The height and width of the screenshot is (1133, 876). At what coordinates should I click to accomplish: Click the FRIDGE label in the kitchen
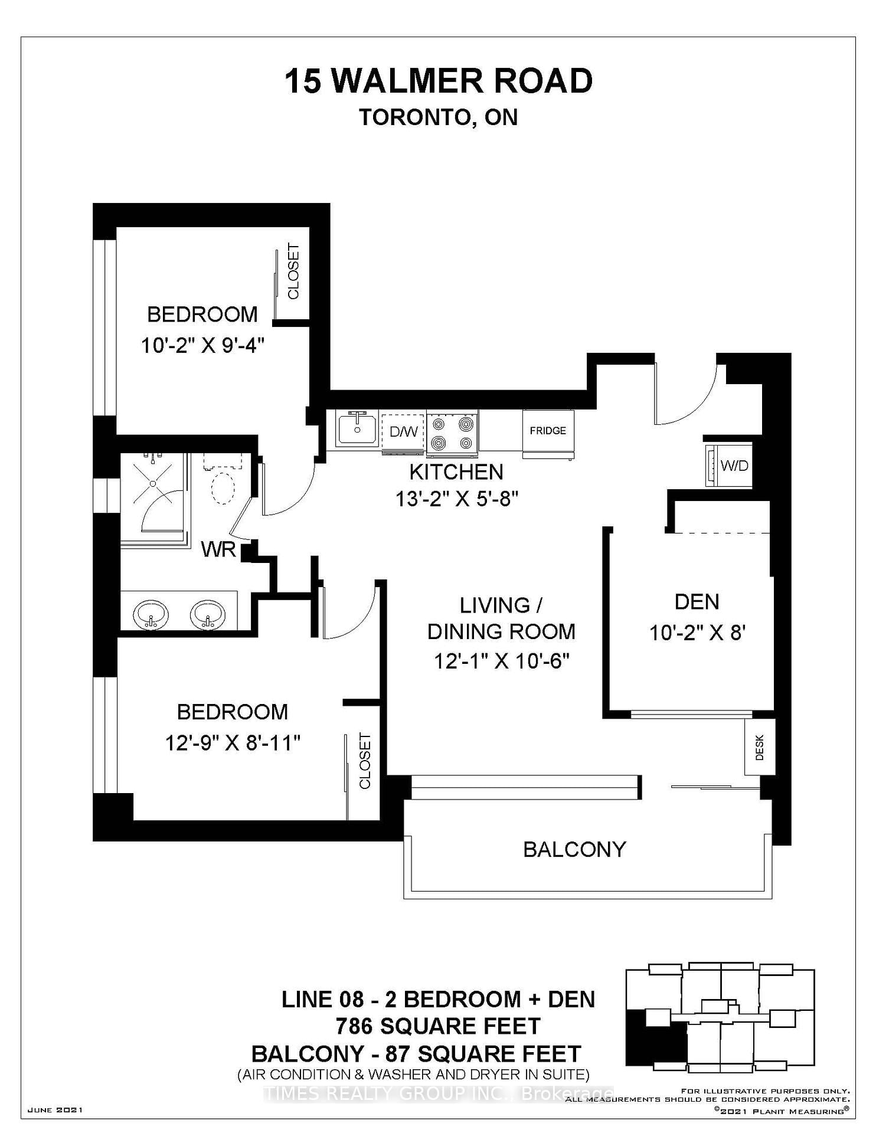click(548, 431)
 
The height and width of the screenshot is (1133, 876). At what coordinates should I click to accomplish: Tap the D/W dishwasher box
click(403, 432)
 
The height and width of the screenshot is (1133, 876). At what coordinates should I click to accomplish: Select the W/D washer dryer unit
click(729, 465)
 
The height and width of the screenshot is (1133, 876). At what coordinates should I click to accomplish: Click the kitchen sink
click(358, 428)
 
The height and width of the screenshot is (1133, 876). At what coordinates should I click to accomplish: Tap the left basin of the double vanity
click(151, 615)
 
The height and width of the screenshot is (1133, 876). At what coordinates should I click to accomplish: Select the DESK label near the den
click(760, 747)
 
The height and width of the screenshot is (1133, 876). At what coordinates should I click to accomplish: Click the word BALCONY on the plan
click(574, 849)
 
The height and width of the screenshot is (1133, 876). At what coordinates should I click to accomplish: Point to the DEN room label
click(697, 602)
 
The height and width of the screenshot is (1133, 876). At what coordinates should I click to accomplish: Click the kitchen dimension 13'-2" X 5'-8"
click(457, 499)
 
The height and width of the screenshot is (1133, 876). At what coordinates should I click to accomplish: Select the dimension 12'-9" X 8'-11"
click(233, 742)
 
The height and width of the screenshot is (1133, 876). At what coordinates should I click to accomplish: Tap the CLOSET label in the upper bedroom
click(293, 271)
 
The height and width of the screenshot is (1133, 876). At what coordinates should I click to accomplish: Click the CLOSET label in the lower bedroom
click(365, 761)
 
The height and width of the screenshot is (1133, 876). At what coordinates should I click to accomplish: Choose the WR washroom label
click(218, 549)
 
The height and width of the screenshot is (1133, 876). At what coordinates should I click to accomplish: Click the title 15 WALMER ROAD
click(439, 81)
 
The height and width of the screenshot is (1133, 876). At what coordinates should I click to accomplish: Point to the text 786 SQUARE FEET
click(438, 1026)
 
